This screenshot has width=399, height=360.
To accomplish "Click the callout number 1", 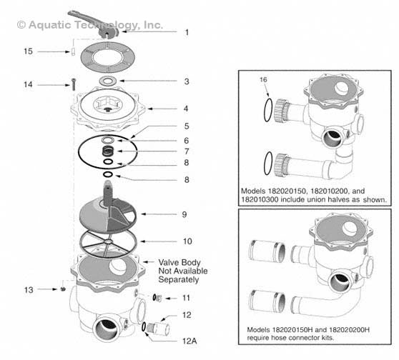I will pyautogui.click(x=187, y=32).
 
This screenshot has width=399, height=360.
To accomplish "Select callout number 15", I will pyautogui.click(x=28, y=51).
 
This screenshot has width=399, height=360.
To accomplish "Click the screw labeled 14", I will pyautogui.click(x=73, y=84).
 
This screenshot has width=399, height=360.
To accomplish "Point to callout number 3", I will pyautogui.click(x=187, y=81).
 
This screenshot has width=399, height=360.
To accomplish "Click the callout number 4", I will pyautogui.click(x=187, y=109).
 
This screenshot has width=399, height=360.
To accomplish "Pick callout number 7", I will pyautogui.click(x=187, y=151).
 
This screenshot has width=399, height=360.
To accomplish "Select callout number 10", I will pyautogui.click(x=188, y=241).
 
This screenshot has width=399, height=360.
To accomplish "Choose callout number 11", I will pyautogui.click(x=187, y=297).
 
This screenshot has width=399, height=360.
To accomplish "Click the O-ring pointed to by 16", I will pyautogui.click(x=267, y=111).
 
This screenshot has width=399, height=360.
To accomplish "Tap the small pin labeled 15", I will pyautogui.click(x=74, y=52).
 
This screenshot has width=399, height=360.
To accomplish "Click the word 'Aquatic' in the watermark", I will pyautogui.click(x=49, y=24).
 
